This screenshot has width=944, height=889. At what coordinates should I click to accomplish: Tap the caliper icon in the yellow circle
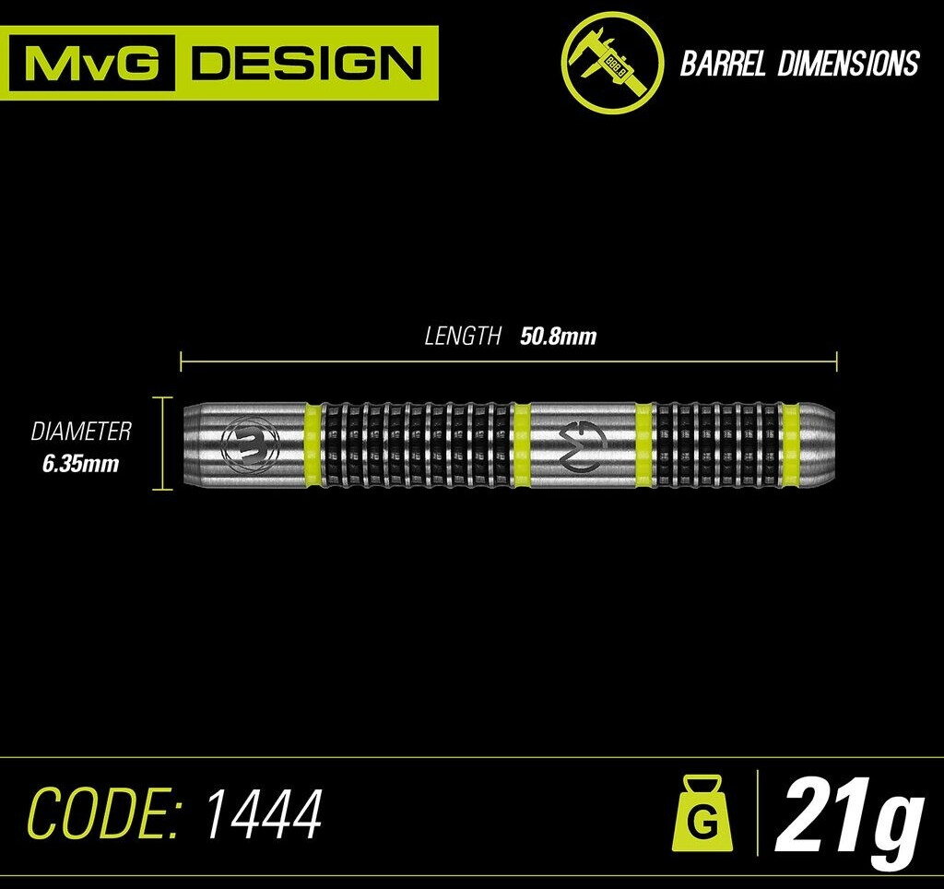(612, 62)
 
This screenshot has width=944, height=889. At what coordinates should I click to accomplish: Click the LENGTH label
(463, 337)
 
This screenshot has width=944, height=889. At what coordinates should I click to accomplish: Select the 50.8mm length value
(559, 337)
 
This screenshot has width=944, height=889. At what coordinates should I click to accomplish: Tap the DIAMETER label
(81, 431)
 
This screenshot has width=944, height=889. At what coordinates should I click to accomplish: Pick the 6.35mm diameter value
(81, 463)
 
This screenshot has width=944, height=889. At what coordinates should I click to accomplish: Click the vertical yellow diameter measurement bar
(165, 444)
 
